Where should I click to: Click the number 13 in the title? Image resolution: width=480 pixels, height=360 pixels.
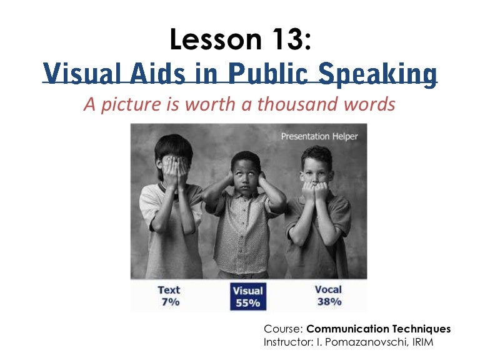tap(285, 41)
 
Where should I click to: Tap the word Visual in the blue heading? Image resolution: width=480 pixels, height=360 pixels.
tap(79, 74)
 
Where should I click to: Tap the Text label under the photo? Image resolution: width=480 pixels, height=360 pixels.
tap(169, 289)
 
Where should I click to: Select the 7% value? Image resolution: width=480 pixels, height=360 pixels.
tap(170, 302)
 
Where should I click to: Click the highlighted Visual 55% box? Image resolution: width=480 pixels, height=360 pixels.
tap(247, 296)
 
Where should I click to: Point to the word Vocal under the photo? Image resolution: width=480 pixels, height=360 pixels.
tap(328, 289)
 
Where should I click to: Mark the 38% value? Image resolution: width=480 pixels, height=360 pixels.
tap(328, 302)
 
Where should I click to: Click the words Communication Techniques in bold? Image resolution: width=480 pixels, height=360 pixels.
tap(379, 329)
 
